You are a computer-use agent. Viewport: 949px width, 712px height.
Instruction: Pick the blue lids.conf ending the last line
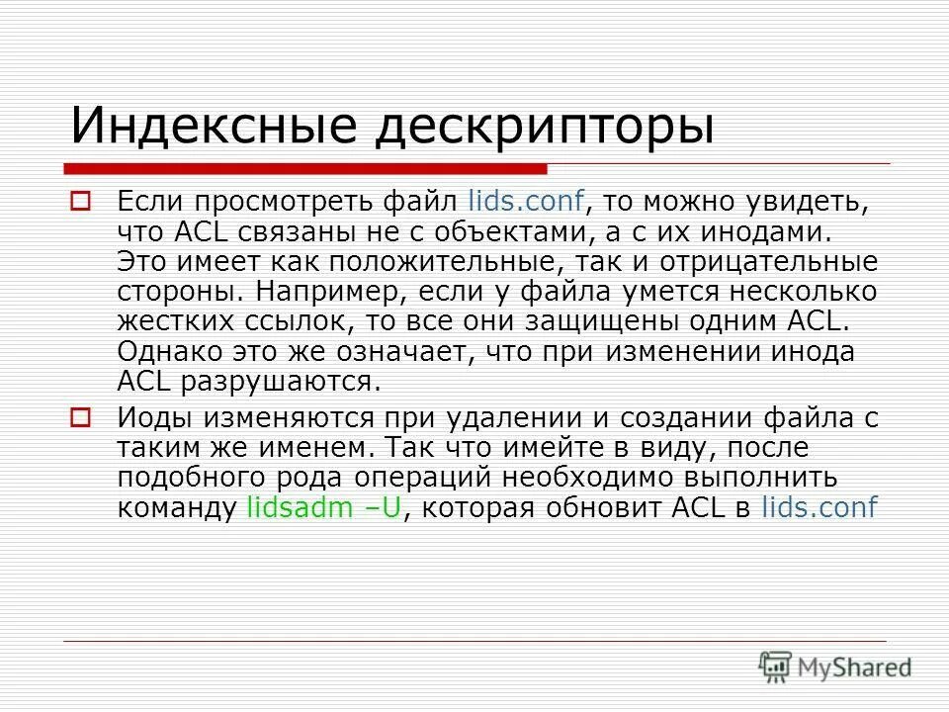820,508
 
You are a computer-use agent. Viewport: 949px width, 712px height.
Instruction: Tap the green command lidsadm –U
326,508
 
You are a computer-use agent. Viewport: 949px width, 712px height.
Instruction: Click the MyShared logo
834,666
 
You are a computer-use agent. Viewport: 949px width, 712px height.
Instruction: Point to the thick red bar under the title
306,167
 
